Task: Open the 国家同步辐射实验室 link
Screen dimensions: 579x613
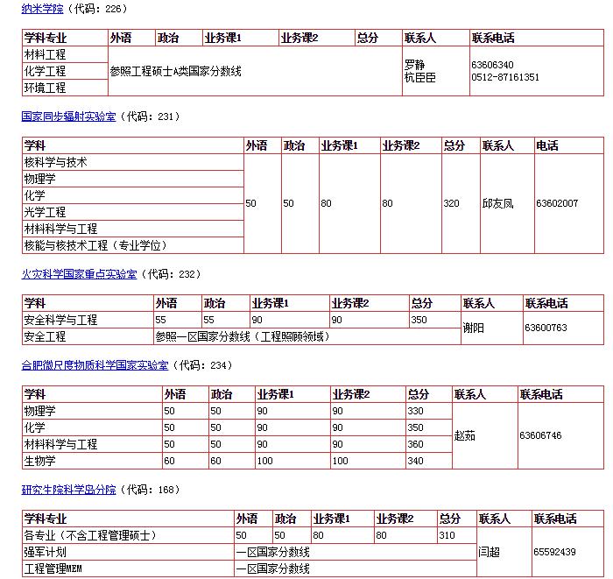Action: point(68,116)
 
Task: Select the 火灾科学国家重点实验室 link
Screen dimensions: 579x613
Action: point(79,274)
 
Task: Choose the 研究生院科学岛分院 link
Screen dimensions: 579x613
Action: point(68,490)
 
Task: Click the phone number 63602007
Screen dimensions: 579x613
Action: point(557,203)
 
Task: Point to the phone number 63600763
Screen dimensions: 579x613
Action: point(546,328)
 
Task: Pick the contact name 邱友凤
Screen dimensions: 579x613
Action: point(497,203)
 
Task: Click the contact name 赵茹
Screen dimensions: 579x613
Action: point(465,435)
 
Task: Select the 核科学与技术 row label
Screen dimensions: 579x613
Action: point(55,162)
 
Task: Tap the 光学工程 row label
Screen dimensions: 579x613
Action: point(45,212)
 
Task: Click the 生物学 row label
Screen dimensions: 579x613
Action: point(39,461)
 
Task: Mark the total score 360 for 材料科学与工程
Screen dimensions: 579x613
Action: point(416,444)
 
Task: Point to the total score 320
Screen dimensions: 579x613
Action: point(451,203)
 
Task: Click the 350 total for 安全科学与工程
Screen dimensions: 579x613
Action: point(419,320)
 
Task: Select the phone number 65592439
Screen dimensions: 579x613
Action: point(554,552)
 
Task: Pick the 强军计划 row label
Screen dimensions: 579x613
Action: point(45,552)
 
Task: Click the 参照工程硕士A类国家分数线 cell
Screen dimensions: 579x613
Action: point(175,71)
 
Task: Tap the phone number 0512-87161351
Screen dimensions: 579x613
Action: point(505,77)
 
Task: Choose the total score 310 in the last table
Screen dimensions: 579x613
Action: point(447,534)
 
